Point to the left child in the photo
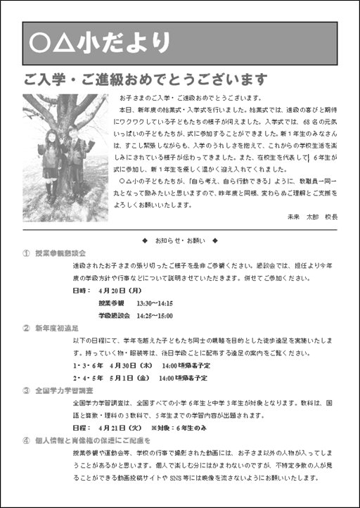(51, 159)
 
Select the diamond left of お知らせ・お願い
(144, 241)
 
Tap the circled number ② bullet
(26, 328)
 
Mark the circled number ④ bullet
(26, 441)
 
